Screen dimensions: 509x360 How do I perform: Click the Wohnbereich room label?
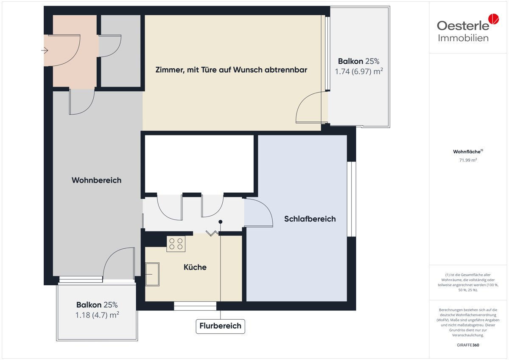pyautogui.click(x=97, y=180)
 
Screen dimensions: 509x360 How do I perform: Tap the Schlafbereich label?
pyautogui.click(x=310, y=219)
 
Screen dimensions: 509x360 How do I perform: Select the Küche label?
pyautogui.click(x=195, y=267)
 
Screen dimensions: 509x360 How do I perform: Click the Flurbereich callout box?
pyautogui.click(x=221, y=326)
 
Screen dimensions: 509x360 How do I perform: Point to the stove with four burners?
pyautogui.click(x=176, y=244)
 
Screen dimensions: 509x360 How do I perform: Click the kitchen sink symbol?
pyautogui.click(x=152, y=274)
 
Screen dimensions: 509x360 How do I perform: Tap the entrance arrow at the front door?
pyautogui.click(x=45, y=50)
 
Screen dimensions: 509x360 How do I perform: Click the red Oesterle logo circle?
pyautogui.click(x=494, y=19)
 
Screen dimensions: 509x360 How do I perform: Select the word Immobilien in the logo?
pyautogui.click(x=463, y=38)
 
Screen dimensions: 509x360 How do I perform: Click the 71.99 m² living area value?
pyautogui.click(x=468, y=160)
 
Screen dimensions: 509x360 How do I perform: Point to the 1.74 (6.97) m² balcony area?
pyautogui.click(x=359, y=71)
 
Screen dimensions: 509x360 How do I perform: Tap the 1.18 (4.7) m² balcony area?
pyautogui.click(x=97, y=315)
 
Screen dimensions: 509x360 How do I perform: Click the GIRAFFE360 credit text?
pyautogui.click(x=468, y=345)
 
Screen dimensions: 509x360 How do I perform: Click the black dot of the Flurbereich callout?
pyautogui.click(x=221, y=222)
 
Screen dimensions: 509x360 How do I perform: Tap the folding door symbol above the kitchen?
pyautogui.click(x=212, y=233)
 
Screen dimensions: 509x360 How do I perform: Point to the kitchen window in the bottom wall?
pyautogui.click(x=195, y=306)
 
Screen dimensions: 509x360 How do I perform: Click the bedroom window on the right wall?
pyautogui.click(x=352, y=199)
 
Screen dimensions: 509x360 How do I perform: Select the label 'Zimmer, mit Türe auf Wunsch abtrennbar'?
pyautogui.click(x=231, y=70)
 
